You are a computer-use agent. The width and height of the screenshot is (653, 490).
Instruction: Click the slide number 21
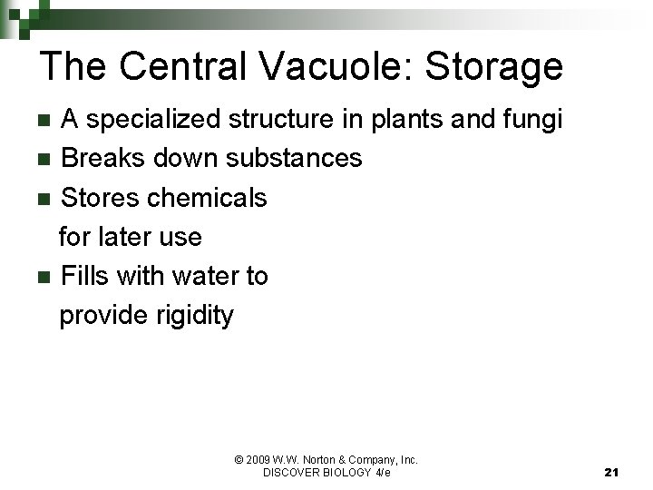pyautogui.click(x=610, y=473)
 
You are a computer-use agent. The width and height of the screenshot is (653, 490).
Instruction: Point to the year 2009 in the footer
pyautogui.click(x=258, y=460)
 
